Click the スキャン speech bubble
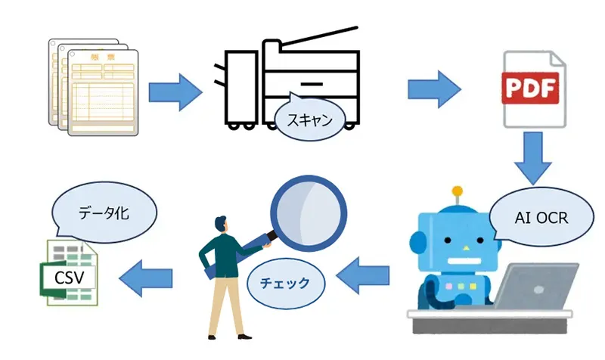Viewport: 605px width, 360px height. (x=306, y=119)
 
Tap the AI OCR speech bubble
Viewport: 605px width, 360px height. (x=540, y=218)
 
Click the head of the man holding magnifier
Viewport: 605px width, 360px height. (x=220, y=225)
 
